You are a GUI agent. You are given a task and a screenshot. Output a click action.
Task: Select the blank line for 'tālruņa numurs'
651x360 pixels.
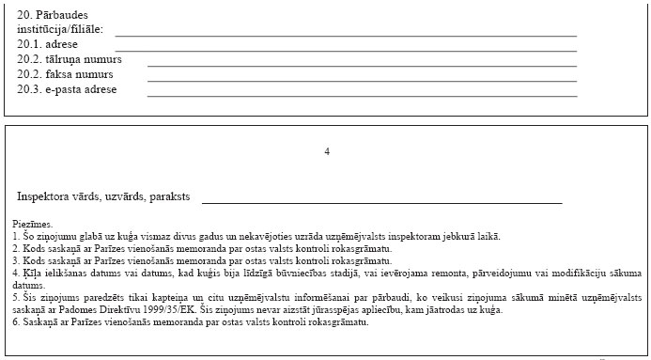(362, 65)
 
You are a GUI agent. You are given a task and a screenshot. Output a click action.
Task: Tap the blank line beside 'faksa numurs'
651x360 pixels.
(362, 80)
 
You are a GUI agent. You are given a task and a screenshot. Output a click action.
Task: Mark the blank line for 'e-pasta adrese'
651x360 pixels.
(362, 95)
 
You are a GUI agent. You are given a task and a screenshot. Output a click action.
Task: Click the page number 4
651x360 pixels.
(327, 151)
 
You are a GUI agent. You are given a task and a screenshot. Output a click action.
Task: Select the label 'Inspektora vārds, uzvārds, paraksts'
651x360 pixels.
(103, 196)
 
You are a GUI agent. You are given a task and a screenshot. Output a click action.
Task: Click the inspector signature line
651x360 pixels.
(381, 202)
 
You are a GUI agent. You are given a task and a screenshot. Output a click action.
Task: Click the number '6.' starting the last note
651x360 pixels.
(18, 321)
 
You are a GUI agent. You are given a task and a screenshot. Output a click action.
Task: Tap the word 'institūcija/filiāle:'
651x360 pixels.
(60, 30)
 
